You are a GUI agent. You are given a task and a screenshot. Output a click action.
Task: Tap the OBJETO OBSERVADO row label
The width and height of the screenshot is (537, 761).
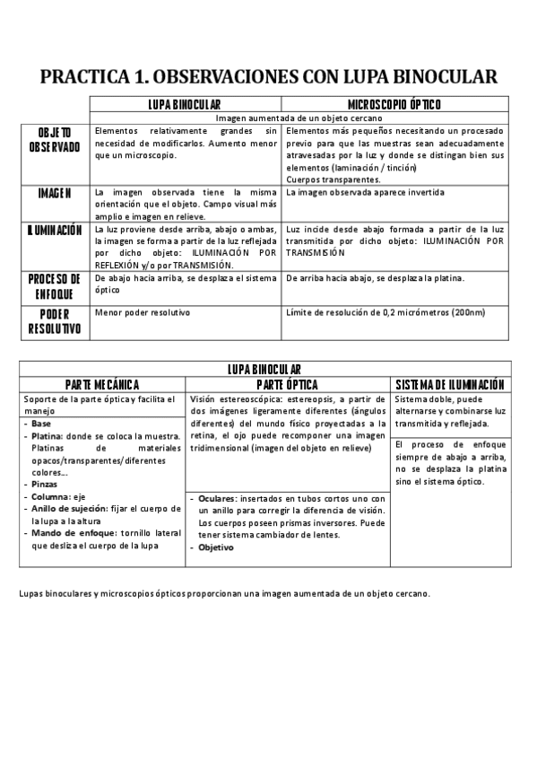click(55, 138)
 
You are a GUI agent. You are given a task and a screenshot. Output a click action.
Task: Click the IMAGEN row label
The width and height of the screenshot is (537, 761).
click(55, 193)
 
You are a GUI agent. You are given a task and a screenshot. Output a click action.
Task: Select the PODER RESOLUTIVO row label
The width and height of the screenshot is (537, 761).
click(55, 320)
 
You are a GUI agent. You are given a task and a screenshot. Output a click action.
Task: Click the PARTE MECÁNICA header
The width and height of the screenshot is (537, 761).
click(102, 384)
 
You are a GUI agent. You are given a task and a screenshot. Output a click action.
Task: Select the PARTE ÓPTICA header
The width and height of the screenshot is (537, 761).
click(288, 384)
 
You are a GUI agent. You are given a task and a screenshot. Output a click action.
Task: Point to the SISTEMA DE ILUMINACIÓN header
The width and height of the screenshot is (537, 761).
click(450, 384)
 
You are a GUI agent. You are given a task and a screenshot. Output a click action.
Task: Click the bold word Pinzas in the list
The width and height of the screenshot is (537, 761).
click(44, 484)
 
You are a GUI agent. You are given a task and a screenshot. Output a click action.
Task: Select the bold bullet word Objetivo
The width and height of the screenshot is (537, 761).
click(216, 547)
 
